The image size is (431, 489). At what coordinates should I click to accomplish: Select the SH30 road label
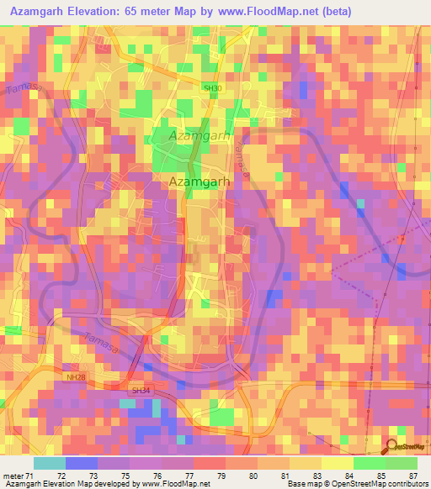pos(212,87)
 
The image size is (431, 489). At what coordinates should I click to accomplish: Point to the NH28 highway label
pos(76,376)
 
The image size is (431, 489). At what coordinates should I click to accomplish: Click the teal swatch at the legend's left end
pos(49,463)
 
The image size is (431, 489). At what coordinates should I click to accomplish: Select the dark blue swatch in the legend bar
pos(81,463)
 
